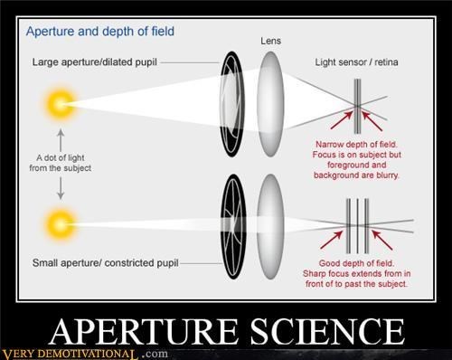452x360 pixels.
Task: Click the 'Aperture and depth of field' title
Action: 100,32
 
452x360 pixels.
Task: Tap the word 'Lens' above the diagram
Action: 270,41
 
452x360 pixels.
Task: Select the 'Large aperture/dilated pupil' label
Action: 95,62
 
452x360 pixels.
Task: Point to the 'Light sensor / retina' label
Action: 356,62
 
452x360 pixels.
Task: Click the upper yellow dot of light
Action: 60,104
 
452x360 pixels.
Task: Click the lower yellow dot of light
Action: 60,224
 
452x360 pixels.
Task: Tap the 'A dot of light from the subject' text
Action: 61,163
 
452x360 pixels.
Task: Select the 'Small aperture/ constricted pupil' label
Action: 106,263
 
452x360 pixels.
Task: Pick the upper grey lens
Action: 270,104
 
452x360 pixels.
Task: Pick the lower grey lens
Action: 270,227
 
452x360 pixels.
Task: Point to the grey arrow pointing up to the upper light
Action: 61,140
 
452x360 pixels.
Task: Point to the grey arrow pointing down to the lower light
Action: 61,188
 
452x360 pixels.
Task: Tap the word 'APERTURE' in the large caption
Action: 144,331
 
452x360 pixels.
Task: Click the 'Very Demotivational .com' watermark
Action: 84,354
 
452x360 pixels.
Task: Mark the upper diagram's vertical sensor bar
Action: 357,106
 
